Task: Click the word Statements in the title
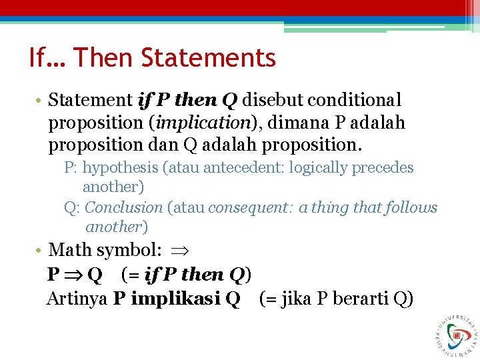[208, 58]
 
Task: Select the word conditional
[355, 100]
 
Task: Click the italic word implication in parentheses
[193, 123]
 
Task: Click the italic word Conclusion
[124, 208]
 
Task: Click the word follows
[412, 208]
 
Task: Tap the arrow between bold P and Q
[73, 275]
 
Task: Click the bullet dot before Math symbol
[40, 251]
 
